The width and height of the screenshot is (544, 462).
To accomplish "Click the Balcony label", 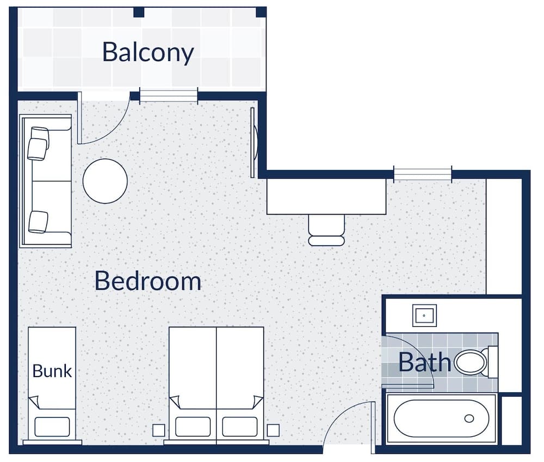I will point(148,52).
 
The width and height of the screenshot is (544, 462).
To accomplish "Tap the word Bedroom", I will point(148,281).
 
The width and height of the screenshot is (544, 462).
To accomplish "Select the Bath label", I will point(424,362).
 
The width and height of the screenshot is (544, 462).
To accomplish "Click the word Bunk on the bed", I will point(52,371).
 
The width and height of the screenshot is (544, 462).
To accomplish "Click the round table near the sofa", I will point(105,181).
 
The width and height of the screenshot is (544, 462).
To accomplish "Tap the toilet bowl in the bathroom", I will point(471,362).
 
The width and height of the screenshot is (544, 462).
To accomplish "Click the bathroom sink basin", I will point(424,315).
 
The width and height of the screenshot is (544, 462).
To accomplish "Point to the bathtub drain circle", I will point(469,418).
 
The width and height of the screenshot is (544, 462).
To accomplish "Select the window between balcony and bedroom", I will point(169,96).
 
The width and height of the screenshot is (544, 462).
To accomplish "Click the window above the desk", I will point(423,174).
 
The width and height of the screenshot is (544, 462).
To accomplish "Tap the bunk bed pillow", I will point(52,426).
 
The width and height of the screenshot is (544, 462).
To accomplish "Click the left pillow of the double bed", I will point(193,426).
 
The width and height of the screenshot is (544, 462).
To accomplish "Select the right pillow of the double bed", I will point(240,426).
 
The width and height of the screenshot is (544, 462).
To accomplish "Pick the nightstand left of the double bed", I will point(158,430).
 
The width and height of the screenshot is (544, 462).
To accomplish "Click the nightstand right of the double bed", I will point(273,430).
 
